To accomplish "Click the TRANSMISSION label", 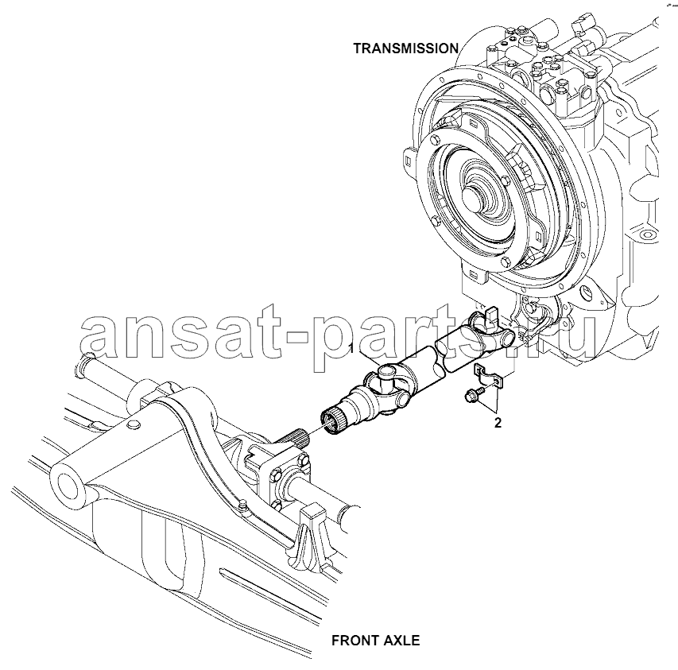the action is [406, 48].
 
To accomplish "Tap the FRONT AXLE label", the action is [375, 640].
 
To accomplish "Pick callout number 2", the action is [498, 423].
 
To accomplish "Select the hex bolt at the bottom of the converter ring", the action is [506, 262].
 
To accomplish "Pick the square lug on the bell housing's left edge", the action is [409, 161].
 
